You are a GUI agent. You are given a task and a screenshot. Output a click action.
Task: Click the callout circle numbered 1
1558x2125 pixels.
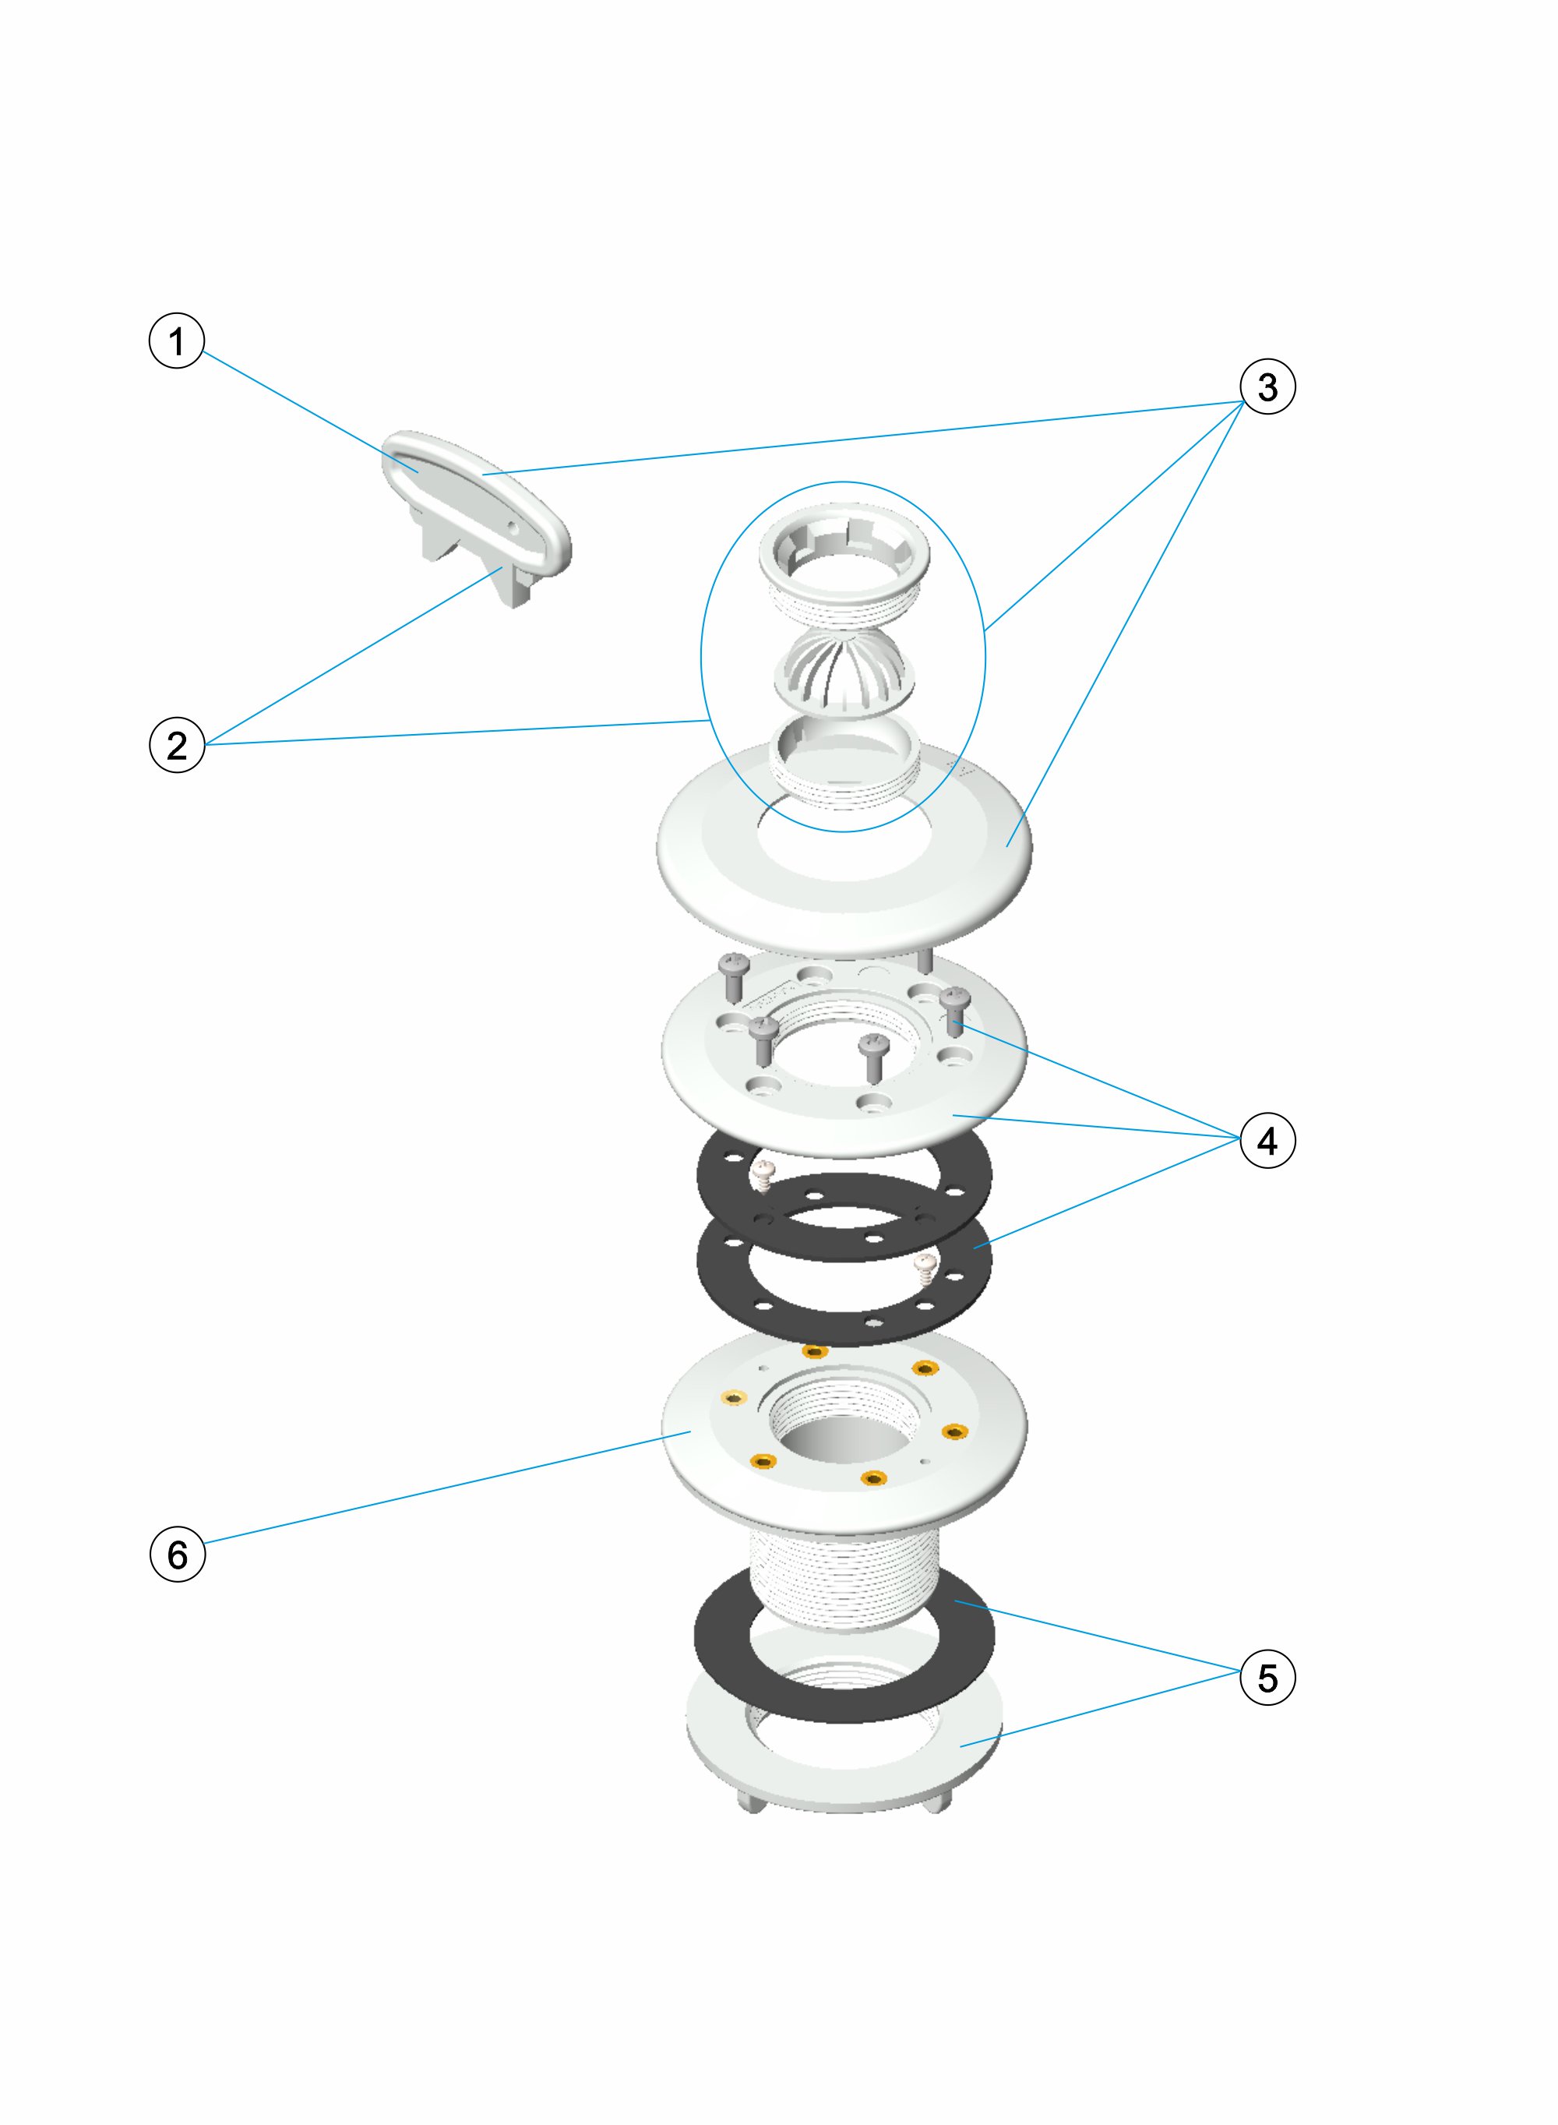click(176, 341)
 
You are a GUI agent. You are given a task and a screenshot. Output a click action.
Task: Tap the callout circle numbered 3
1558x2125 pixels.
click(1267, 386)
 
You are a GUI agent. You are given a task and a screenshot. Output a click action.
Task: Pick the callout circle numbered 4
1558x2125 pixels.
click(1267, 1140)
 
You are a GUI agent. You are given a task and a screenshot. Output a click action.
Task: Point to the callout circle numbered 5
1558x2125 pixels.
click(1267, 1677)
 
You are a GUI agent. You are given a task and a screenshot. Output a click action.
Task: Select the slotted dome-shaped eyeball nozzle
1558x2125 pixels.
click(844, 672)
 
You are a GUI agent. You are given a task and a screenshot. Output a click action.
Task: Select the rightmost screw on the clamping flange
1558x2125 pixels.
click(957, 1009)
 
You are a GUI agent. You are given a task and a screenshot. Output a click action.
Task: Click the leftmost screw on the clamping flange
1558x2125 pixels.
click(733, 976)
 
